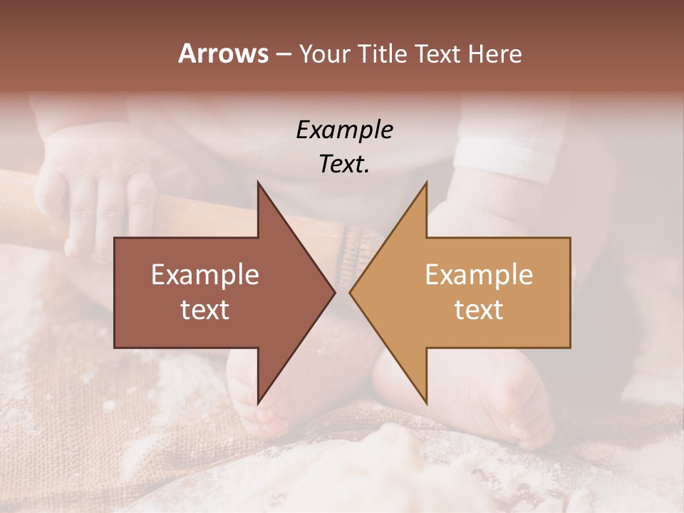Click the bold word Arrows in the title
pos(223,53)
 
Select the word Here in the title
pos(494,54)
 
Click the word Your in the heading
pos(324,54)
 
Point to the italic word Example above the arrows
pos(344,130)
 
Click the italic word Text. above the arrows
pos(344,165)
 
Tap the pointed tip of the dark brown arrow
pos(334,292)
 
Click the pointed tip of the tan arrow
pos(351,292)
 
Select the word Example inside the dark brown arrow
pos(205,275)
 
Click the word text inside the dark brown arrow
pos(205,310)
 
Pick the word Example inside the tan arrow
pos(479,275)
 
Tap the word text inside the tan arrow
pos(479,310)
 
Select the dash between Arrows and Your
pos(283,54)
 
